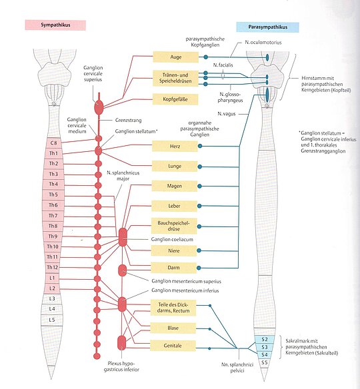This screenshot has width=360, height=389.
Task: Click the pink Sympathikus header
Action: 55,25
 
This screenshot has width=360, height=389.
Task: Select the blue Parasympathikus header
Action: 267,27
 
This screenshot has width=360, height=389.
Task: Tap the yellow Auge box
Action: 175,57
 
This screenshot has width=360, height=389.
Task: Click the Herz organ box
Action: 175,146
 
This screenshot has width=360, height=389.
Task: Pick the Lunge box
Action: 175,166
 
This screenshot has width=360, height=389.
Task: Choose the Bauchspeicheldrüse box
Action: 174,226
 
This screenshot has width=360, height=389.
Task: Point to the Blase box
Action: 173,328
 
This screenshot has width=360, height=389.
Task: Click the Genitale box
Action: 173,345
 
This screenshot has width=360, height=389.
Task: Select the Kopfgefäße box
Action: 175,99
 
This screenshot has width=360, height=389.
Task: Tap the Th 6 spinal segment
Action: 53,205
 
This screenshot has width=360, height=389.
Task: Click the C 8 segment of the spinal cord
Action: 53,143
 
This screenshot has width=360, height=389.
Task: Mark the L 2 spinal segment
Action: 52,288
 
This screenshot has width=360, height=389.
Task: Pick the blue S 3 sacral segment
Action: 265,347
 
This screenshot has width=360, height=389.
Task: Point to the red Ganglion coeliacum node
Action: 123,237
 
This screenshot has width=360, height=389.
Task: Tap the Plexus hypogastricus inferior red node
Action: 121,342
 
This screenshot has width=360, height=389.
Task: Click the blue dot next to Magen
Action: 199,186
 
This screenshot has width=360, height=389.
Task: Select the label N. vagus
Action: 227,114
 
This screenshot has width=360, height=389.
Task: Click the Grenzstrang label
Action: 129,121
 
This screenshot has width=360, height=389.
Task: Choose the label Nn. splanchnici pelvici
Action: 237,368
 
